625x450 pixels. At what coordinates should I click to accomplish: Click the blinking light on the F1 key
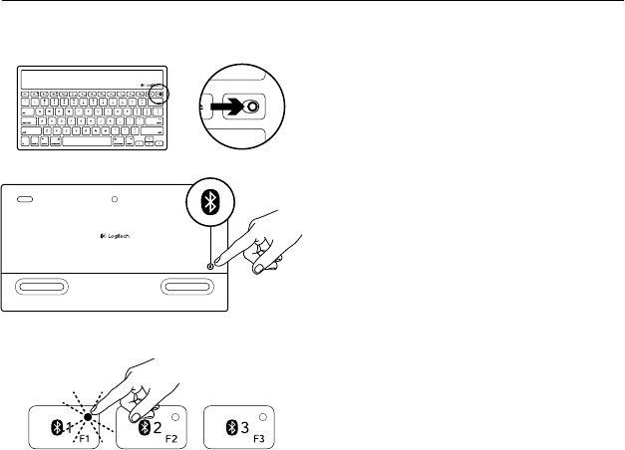coord(88,416)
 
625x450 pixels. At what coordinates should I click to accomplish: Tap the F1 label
coord(86,438)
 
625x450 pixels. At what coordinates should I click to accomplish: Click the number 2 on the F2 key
coord(158,428)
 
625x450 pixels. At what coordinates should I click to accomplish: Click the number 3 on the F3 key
coord(245,428)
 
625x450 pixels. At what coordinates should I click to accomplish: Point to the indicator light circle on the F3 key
coord(262,417)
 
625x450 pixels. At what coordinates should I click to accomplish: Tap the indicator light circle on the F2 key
coord(175,417)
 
